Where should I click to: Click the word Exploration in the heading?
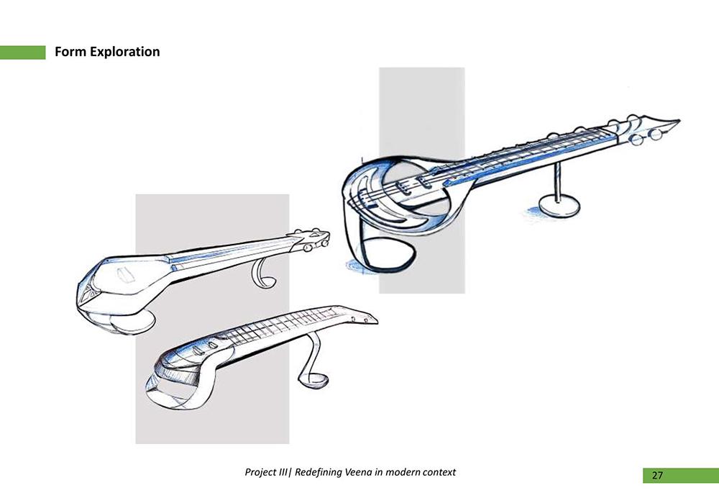tap(124, 52)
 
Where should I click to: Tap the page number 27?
tap(657, 476)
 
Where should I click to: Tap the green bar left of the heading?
tap(23, 53)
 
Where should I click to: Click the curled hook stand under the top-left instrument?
tap(262, 273)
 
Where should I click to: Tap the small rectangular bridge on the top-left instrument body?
tap(126, 274)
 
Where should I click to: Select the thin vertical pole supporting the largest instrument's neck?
tap(558, 182)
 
